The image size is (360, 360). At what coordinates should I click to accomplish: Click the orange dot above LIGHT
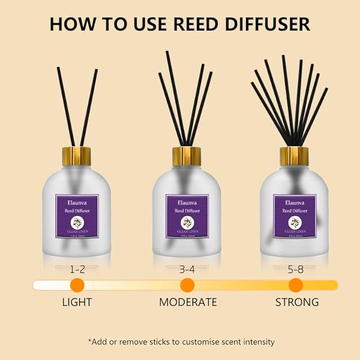click(77, 285)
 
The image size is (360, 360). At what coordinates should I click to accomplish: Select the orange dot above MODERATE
click(187, 285)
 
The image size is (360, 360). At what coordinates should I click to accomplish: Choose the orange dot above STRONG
click(295, 285)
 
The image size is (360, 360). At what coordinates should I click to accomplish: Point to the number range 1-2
click(77, 270)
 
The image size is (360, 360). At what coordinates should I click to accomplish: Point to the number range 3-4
click(187, 270)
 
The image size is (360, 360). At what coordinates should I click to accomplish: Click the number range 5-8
click(295, 270)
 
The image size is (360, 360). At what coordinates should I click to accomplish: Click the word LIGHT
click(77, 303)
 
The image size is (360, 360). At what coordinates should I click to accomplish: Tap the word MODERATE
click(188, 303)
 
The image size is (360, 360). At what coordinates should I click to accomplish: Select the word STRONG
click(297, 303)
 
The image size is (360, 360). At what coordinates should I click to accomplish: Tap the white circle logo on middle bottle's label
click(187, 222)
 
